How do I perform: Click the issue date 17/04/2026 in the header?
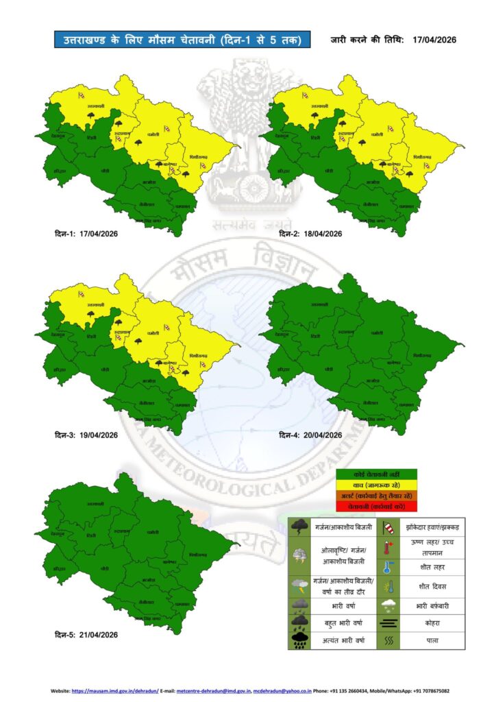click(x=435, y=40)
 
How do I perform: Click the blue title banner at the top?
click(x=177, y=40)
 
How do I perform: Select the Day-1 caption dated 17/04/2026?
click(x=86, y=234)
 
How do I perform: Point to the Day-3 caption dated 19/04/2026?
click(x=86, y=435)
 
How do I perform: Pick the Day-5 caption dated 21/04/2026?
click(x=86, y=634)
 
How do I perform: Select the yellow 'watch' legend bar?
click(x=377, y=485)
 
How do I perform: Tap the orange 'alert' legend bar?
click(x=377, y=496)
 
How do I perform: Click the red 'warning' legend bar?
click(x=377, y=506)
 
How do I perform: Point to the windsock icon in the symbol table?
click(x=388, y=527)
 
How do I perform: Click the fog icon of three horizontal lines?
click(x=388, y=624)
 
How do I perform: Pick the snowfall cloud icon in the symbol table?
click(x=388, y=606)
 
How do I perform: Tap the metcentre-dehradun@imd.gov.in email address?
click(x=213, y=691)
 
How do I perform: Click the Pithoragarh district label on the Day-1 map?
click(x=199, y=157)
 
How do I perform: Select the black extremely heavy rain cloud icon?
click(x=299, y=641)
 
